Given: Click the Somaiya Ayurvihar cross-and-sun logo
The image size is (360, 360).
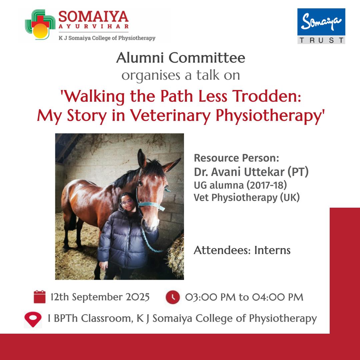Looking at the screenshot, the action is [40, 25].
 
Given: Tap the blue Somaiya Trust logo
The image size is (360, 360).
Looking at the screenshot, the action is [321, 26].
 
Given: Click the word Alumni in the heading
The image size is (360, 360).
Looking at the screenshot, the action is [140, 58].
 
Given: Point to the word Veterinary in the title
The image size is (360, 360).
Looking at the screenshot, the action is [170, 115].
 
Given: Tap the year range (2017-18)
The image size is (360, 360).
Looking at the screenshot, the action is [267, 185].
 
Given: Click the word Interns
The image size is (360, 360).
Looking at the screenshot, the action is [272, 250].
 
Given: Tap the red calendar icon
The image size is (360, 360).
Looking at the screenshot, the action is [39, 297].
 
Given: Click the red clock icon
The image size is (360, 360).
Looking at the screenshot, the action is [173, 297].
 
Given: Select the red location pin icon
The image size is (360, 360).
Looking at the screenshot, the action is [33, 319].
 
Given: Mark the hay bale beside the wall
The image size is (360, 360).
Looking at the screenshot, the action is [176, 256].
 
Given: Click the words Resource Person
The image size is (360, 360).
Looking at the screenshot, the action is [236, 158].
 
